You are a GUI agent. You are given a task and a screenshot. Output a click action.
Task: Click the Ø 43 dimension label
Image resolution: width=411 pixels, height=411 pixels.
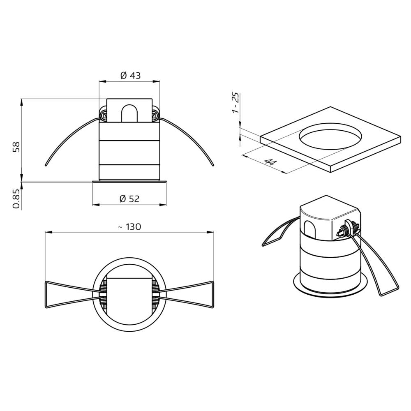pyautogui.click(x=130, y=75)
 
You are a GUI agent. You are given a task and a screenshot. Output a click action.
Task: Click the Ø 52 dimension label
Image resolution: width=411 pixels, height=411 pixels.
pyautogui.click(x=129, y=199)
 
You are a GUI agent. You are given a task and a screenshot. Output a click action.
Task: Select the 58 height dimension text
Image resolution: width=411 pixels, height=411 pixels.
pyautogui.click(x=16, y=147)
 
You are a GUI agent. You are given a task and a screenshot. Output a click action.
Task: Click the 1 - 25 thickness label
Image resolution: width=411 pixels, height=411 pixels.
pyautogui.click(x=235, y=103)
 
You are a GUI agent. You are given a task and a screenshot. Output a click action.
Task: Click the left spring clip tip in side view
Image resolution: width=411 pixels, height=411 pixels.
pyautogui.click(x=45, y=165)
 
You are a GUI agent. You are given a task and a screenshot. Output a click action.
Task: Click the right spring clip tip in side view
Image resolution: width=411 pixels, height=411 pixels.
pyautogui.click(x=213, y=165)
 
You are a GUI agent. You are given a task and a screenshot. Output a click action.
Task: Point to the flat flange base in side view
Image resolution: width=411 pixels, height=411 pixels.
pyautogui.click(x=129, y=181)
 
